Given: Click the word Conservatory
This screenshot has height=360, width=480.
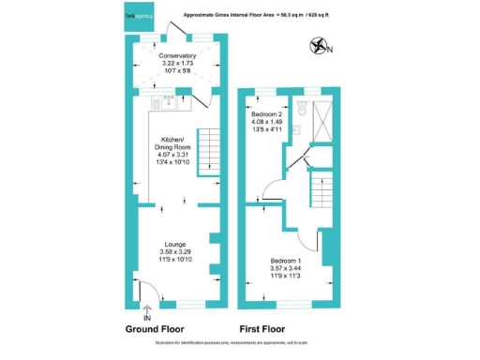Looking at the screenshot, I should click(x=177, y=56).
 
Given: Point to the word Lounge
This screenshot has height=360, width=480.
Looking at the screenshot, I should click(x=175, y=245).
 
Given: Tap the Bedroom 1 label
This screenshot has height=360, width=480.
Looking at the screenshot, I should click(x=286, y=260).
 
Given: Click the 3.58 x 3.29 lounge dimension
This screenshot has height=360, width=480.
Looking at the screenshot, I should click(x=175, y=252).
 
